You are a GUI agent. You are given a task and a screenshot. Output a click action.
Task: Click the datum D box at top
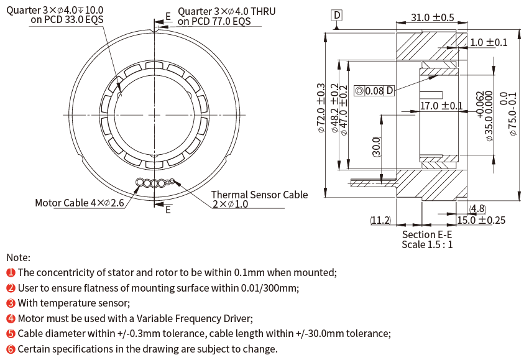coord(336,14)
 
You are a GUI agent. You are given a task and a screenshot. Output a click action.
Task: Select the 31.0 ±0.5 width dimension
coord(433,19)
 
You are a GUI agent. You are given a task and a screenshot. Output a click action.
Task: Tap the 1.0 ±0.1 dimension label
coord(489,42)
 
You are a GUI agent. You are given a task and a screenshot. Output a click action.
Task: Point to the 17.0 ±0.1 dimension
coord(441,106)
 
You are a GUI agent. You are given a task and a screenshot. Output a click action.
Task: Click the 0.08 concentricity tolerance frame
coord(374,91)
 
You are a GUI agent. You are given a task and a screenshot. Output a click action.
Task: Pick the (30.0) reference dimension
coord(375,147)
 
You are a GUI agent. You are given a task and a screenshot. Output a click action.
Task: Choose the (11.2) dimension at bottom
coord(380,220)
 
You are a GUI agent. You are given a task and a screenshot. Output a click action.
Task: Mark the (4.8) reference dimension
coord(477,208)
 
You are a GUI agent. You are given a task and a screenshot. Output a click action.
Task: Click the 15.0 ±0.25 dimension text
coord(482,220)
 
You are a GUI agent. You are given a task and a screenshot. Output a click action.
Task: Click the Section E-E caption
coord(427,234)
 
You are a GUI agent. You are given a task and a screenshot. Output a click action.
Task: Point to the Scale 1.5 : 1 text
coord(427,244)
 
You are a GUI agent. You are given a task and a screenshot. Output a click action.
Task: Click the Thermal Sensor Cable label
coord(259,195)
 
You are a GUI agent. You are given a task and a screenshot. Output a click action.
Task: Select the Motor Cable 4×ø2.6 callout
coord(80,203)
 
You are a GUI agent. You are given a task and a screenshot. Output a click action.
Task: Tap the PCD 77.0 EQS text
coord(214,21)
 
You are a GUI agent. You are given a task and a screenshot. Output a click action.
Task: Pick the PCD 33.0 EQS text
coord(67,21)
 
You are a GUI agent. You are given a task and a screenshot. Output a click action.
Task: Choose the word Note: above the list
coord(18,257)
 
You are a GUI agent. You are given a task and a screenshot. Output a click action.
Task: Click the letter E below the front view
coord(168,210)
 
